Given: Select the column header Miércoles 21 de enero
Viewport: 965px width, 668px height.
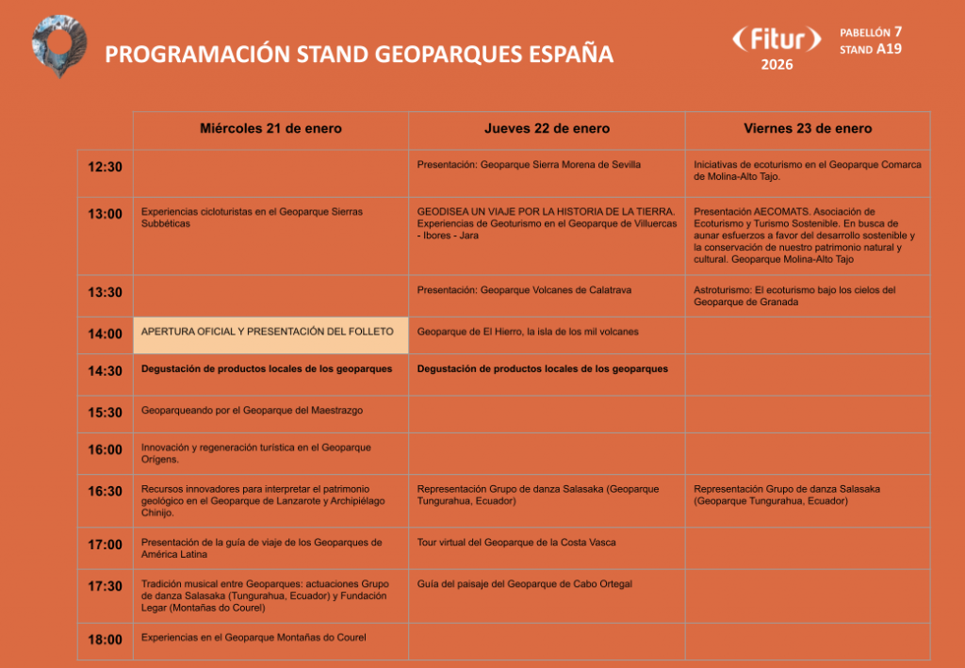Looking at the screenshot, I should coord(270,129).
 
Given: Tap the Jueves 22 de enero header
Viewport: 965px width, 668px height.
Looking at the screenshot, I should coord(547,129).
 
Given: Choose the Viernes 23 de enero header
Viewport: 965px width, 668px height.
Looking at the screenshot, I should coord(808,129).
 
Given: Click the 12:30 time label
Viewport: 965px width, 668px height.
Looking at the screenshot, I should coord(106,168).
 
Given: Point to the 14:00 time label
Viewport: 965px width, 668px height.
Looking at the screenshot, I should coord(106,334).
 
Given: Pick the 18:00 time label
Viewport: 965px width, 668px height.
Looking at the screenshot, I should coord(106,640).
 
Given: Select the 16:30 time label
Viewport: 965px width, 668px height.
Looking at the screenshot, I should coord(106,491).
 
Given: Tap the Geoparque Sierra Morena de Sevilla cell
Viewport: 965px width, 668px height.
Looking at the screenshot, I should coord(529,165).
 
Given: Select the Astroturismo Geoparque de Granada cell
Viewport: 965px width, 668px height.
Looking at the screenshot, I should coord(794,296).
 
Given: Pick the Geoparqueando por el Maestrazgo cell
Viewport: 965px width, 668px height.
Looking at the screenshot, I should coord(252,411).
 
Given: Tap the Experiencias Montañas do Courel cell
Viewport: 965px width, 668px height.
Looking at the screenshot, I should coord(254,638).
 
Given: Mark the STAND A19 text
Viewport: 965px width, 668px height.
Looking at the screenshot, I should coord(870,49).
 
